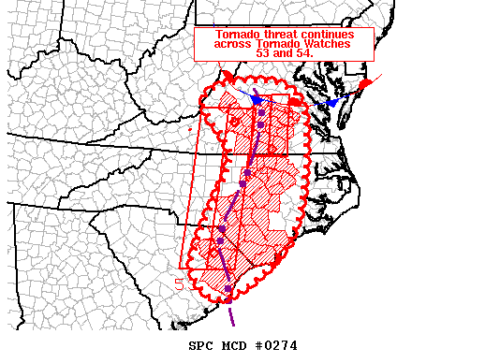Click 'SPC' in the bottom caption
click(x=202, y=345)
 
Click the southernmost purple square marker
click(x=228, y=288)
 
